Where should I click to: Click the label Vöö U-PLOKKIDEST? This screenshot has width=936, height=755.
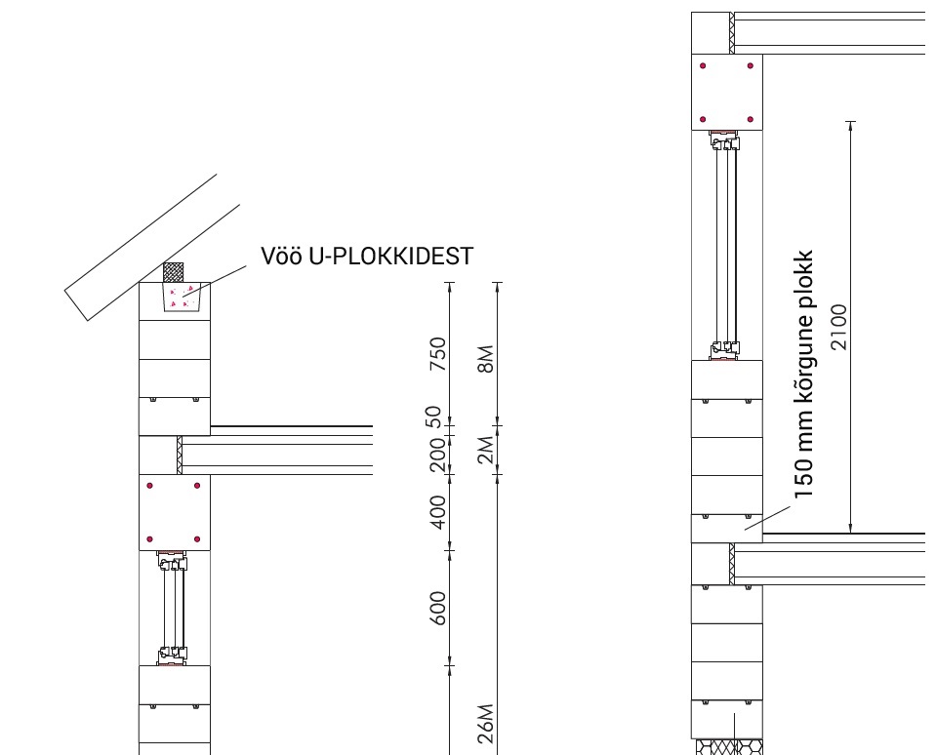(x=367, y=256)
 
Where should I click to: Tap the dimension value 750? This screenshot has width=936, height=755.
(x=438, y=354)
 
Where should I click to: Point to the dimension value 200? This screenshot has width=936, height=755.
(x=437, y=455)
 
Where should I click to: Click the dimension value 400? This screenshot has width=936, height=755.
(x=437, y=512)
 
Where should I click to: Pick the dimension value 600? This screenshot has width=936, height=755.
(x=437, y=609)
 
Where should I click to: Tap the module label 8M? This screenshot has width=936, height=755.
(x=486, y=359)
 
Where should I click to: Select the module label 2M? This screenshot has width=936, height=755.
(x=486, y=451)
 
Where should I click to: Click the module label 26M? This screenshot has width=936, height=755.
(x=486, y=724)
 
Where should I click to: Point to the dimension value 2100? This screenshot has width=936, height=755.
(x=838, y=327)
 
